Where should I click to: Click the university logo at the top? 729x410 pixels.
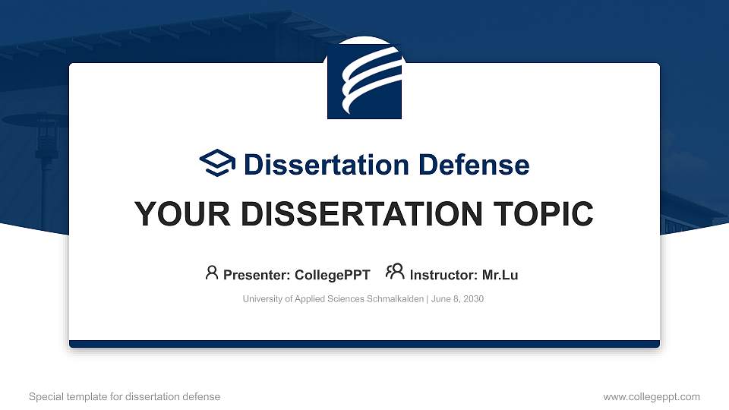click(364, 78)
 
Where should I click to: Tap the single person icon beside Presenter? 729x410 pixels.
click(212, 273)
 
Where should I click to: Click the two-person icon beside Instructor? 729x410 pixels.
click(395, 273)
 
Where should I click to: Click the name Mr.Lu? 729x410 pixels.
click(500, 275)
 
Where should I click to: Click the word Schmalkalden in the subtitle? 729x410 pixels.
click(396, 299)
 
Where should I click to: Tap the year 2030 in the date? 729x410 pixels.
click(472, 299)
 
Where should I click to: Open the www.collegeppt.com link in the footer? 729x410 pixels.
click(652, 396)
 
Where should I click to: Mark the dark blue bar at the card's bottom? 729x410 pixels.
click(364, 344)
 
